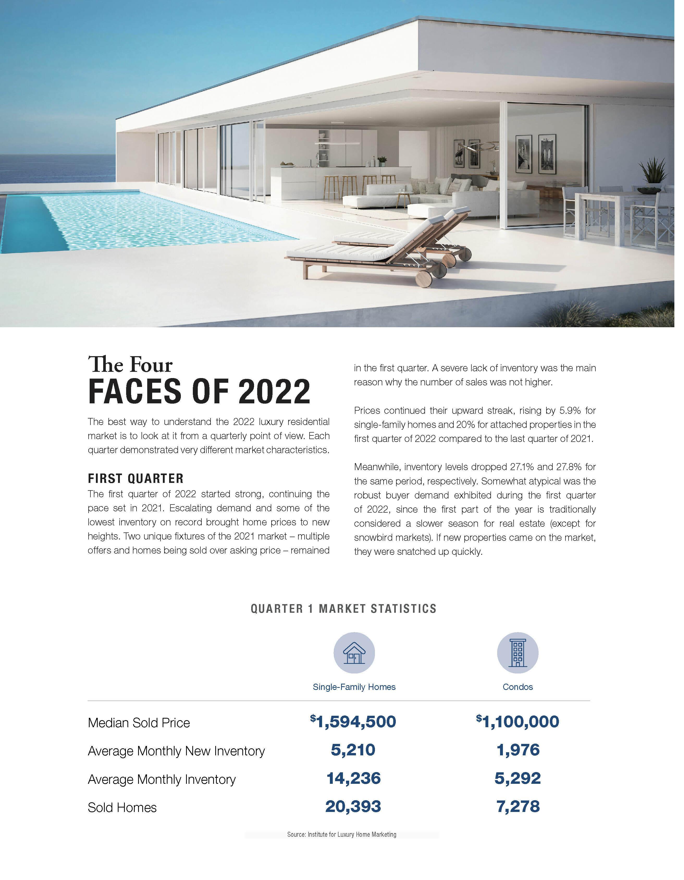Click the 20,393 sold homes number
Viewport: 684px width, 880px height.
pos(353,806)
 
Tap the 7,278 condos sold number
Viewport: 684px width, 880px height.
pos(518,806)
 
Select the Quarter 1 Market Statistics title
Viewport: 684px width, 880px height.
pos(343,608)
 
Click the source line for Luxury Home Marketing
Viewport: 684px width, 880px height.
pos(341,834)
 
